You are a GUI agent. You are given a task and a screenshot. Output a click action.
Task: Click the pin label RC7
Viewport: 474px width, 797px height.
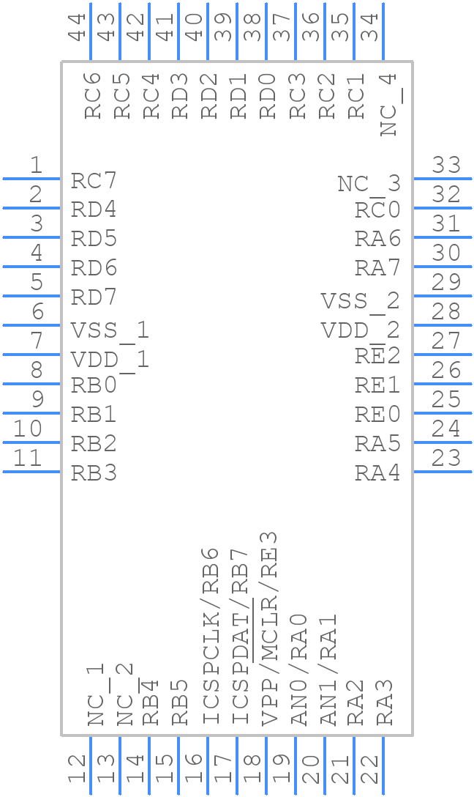tap(94, 181)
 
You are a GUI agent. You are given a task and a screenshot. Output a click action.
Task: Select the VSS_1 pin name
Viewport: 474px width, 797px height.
tap(110, 330)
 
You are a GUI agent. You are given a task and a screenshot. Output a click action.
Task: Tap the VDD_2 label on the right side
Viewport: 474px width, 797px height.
tap(361, 330)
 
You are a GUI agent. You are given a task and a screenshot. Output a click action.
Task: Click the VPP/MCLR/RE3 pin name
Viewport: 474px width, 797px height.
tap(269, 628)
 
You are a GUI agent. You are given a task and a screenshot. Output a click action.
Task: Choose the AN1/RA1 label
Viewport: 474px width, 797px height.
tap(328, 670)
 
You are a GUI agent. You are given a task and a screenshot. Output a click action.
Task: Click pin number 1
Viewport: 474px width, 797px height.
tap(35, 166)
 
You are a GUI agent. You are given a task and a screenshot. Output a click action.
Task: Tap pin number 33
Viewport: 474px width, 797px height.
tap(446, 166)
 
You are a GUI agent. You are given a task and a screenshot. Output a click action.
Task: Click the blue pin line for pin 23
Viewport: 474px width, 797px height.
tap(442, 471)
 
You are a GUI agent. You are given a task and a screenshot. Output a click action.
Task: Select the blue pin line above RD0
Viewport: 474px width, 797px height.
tap(266, 31)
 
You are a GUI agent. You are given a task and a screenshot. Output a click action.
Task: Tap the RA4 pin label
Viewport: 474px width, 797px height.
tap(377, 473)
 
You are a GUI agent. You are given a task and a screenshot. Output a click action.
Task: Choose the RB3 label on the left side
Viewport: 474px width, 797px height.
tap(94, 473)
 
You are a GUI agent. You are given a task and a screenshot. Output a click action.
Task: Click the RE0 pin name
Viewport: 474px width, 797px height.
tap(377, 415)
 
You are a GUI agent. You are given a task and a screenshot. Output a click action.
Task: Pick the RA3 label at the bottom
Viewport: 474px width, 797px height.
tap(385, 703)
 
